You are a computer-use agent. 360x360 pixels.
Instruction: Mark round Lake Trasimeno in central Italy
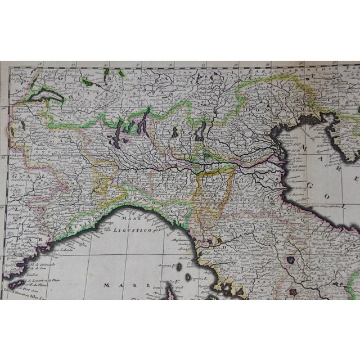(291, 246)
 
